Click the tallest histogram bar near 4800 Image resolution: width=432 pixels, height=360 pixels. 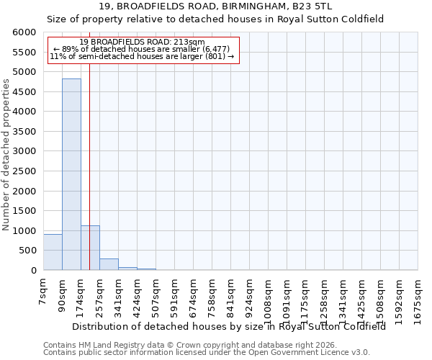71,174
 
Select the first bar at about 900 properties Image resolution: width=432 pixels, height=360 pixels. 53,252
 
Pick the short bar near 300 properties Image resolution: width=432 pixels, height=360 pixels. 109,264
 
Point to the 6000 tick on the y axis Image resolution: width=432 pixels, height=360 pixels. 24,32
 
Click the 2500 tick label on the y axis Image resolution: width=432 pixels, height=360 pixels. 24,171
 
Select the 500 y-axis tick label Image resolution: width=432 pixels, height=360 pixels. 27,251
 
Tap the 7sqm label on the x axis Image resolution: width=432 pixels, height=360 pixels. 43,294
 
